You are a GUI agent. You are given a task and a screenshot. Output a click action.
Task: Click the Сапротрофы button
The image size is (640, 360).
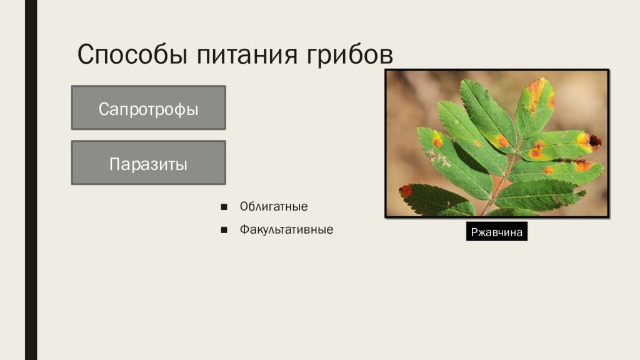(x=149, y=107)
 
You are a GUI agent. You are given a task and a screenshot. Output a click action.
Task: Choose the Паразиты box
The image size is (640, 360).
(x=149, y=163)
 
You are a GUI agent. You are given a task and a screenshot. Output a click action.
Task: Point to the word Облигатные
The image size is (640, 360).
(x=274, y=206)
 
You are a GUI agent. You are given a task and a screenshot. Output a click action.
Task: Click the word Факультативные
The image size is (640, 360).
(x=286, y=229)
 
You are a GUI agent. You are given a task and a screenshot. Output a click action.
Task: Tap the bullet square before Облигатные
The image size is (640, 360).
(x=224, y=207)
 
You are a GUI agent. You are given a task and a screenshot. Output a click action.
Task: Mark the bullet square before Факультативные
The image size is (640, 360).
(x=224, y=230)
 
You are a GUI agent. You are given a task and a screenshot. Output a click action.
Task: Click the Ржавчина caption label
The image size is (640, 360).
(x=497, y=231)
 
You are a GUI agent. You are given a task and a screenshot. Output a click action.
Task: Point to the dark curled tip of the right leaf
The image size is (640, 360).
(x=595, y=141)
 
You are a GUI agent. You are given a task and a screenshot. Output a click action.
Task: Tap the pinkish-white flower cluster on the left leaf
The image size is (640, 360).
(x=437, y=157)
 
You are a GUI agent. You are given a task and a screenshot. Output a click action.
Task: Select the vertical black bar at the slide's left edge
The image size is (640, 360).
(x=31, y=180)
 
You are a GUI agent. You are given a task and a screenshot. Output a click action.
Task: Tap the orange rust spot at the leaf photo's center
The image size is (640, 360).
(x=503, y=141)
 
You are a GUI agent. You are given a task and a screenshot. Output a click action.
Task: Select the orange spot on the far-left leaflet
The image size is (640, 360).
(x=437, y=141)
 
